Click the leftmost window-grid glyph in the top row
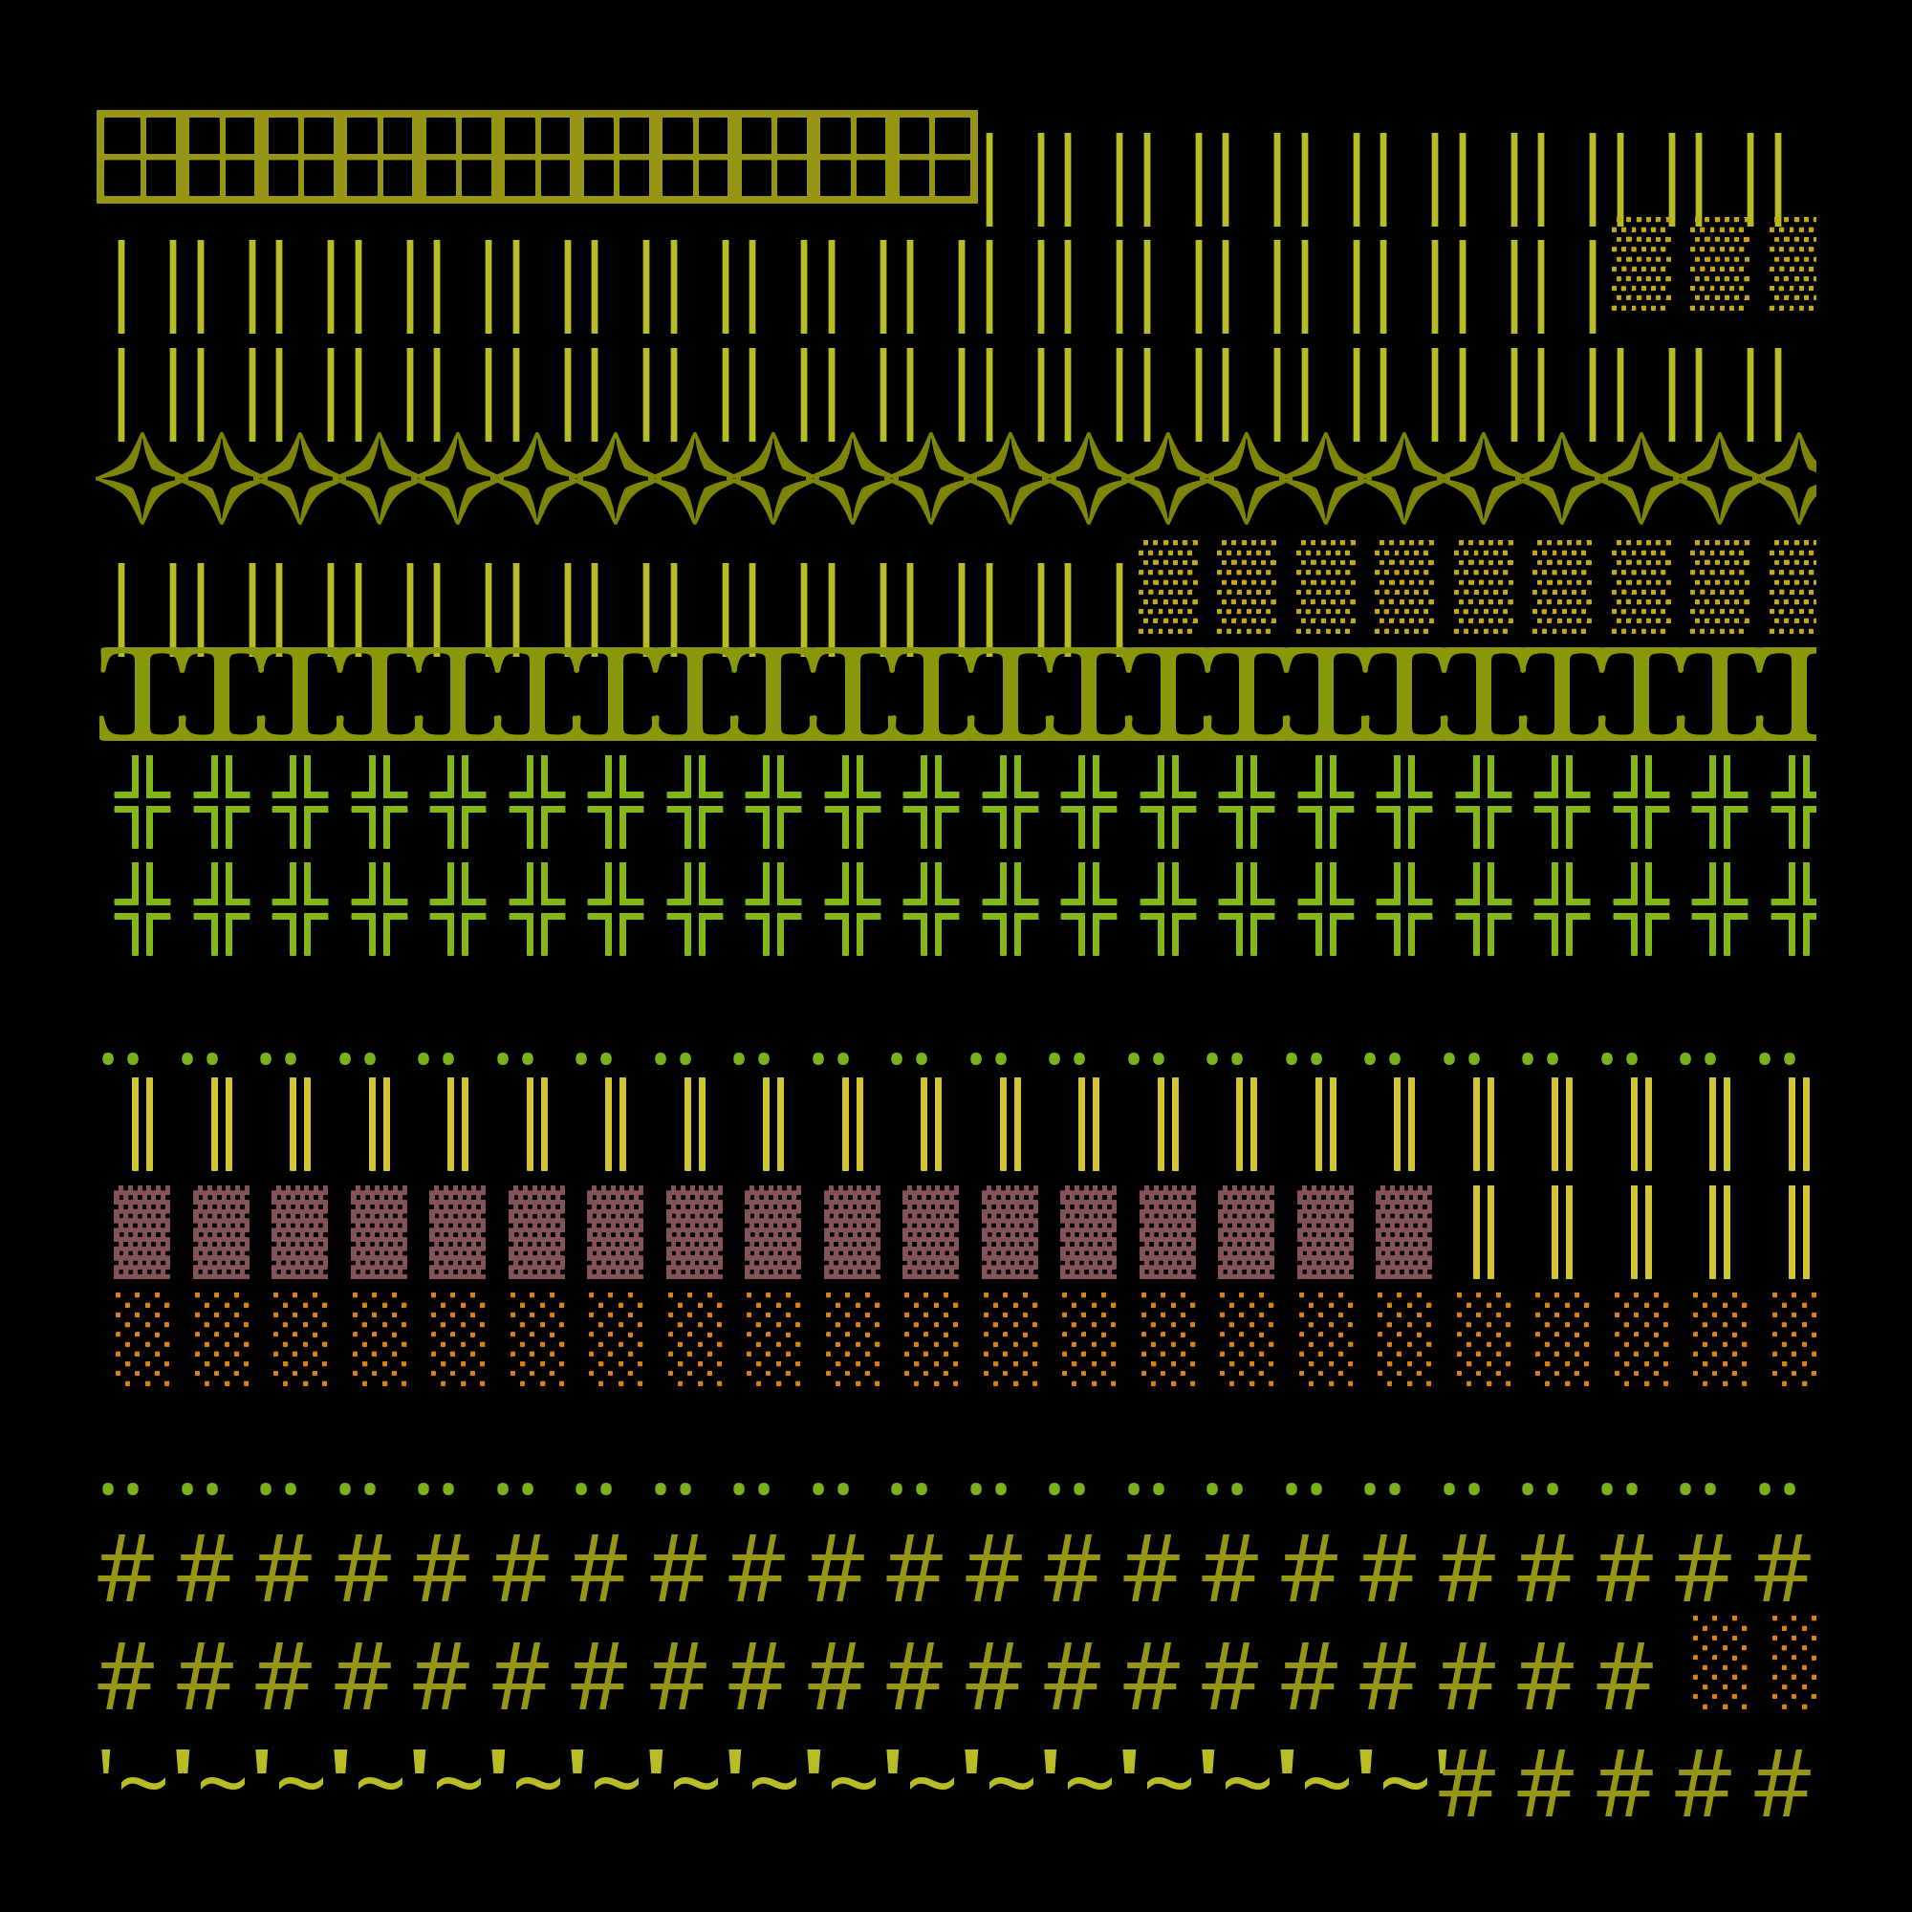[141, 157]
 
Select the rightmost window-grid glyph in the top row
[933, 157]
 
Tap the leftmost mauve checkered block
[141, 1232]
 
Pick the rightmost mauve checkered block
[1403, 1232]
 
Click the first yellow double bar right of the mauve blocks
[1483, 1232]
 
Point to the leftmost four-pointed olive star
[142, 478]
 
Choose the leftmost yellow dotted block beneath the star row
[1168, 587]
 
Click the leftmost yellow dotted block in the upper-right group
[1640, 263]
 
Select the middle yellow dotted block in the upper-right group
[1720, 263]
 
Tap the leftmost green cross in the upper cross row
[142, 802]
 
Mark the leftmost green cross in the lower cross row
[142, 908]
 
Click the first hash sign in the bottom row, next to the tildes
[1467, 1783]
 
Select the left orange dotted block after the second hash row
[1720, 1662]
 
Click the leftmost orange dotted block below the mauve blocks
[141, 1339]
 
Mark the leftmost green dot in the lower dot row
[108, 1489]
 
